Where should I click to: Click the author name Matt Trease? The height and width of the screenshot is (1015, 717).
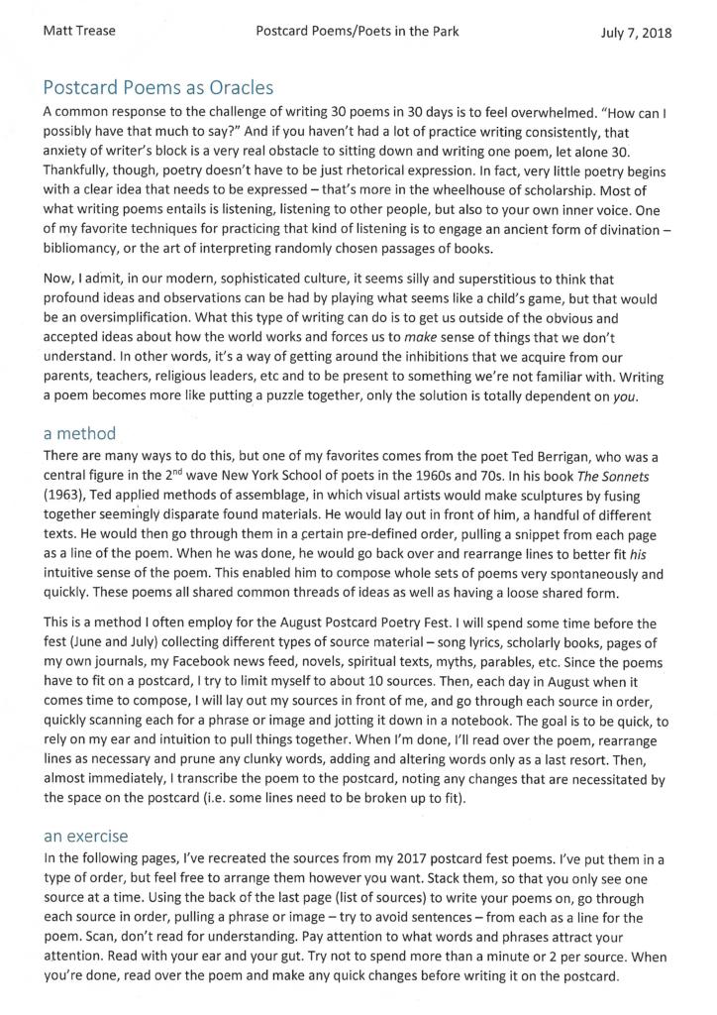80,31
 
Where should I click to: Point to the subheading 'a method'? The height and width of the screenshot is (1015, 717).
79,433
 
